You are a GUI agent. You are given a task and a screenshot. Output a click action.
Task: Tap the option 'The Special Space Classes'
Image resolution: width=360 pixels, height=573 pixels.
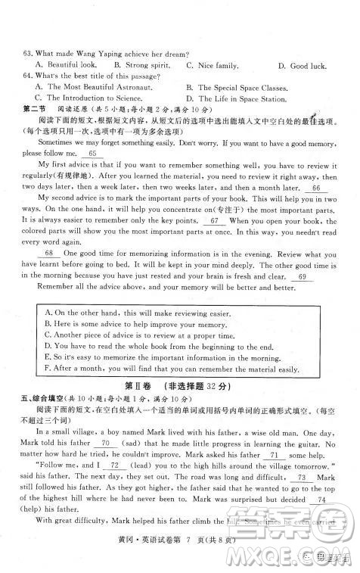pyautogui.click(x=241, y=88)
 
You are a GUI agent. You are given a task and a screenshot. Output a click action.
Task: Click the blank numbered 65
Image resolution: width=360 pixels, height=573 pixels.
pyautogui.click(x=93, y=154)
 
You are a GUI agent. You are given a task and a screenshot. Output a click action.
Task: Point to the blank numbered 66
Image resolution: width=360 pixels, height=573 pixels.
pyautogui.click(x=315, y=188)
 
